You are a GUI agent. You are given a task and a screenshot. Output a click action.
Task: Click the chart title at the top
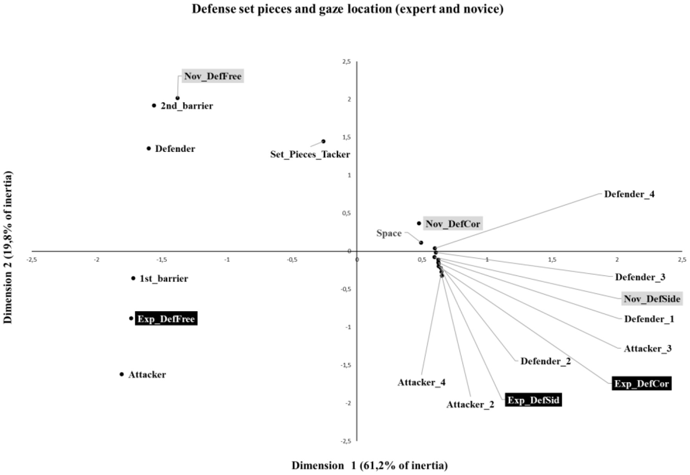tap(347, 9)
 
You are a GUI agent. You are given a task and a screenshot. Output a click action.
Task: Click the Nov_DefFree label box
tap(213, 76)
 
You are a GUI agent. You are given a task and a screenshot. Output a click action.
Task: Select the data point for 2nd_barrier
tap(154, 106)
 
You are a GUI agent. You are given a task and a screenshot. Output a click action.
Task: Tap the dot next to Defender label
tap(149, 148)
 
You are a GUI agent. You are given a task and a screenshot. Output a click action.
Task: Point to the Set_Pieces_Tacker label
tap(310, 155)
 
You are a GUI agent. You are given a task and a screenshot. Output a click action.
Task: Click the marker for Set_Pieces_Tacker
tap(323, 141)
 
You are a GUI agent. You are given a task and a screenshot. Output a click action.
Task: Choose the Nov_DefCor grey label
tap(452, 224)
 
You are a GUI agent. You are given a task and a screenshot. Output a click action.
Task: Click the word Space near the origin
tap(389, 233)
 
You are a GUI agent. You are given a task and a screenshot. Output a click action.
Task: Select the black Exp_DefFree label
tap(166, 319)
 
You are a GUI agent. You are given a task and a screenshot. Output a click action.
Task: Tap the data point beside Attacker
tap(121, 374)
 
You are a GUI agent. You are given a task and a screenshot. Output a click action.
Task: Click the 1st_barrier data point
tap(133, 278)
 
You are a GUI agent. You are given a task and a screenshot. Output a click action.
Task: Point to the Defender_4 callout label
tap(629, 194)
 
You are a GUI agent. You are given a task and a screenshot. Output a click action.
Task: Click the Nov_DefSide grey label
tap(652, 299)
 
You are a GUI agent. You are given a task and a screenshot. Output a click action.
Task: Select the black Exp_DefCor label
tap(641, 384)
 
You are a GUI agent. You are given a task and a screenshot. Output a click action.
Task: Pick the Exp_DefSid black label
tap(533, 400)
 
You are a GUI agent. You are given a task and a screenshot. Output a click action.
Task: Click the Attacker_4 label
tap(421, 383)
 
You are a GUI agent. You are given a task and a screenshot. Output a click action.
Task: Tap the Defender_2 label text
tap(546, 361)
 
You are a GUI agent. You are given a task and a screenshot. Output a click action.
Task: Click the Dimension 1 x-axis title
tap(370, 466)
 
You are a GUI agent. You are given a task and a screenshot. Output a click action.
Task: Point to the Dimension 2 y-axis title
tap(8, 247)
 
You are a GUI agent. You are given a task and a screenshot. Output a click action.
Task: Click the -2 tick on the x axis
tap(97, 260)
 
